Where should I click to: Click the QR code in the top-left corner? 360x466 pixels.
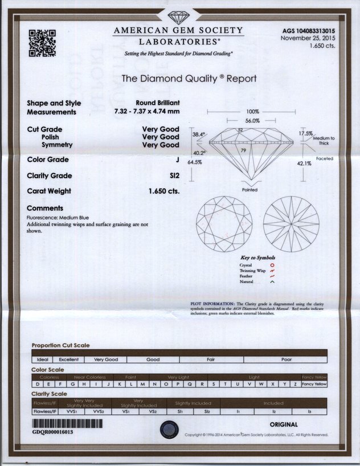point(42,43)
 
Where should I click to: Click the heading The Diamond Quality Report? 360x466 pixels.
point(189,79)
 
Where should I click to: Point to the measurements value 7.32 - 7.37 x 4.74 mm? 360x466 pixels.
point(147,112)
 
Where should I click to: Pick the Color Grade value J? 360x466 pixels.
point(177,160)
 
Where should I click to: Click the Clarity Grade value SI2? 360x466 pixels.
point(173,175)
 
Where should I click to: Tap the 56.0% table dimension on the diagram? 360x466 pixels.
point(252,121)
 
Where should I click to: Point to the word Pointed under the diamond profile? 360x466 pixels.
point(249,190)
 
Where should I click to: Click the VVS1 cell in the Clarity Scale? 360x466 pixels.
point(72,410)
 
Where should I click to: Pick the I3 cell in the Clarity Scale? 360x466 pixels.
point(309,410)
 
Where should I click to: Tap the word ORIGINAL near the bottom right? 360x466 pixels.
point(283,424)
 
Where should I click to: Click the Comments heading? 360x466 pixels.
point(45,209)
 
